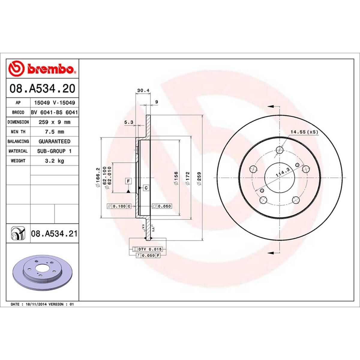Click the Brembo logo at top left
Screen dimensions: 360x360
click(x=42, y=69)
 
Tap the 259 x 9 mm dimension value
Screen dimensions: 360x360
click(x=54, y=122)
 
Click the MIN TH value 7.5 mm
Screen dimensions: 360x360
click(x=54, y=132)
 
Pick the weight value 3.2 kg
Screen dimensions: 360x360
click(x=54, y=161)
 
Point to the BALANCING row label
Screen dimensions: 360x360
click(x=18, y=141)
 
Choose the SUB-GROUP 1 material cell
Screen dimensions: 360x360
click(x=54, y=151)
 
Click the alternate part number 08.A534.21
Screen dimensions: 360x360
click(x=54, y=233)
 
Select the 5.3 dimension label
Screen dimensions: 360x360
click(x=129, y=122)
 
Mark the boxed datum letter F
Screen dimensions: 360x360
click(x=128, y=181)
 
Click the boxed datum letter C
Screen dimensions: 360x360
click(x=146, y=188)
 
